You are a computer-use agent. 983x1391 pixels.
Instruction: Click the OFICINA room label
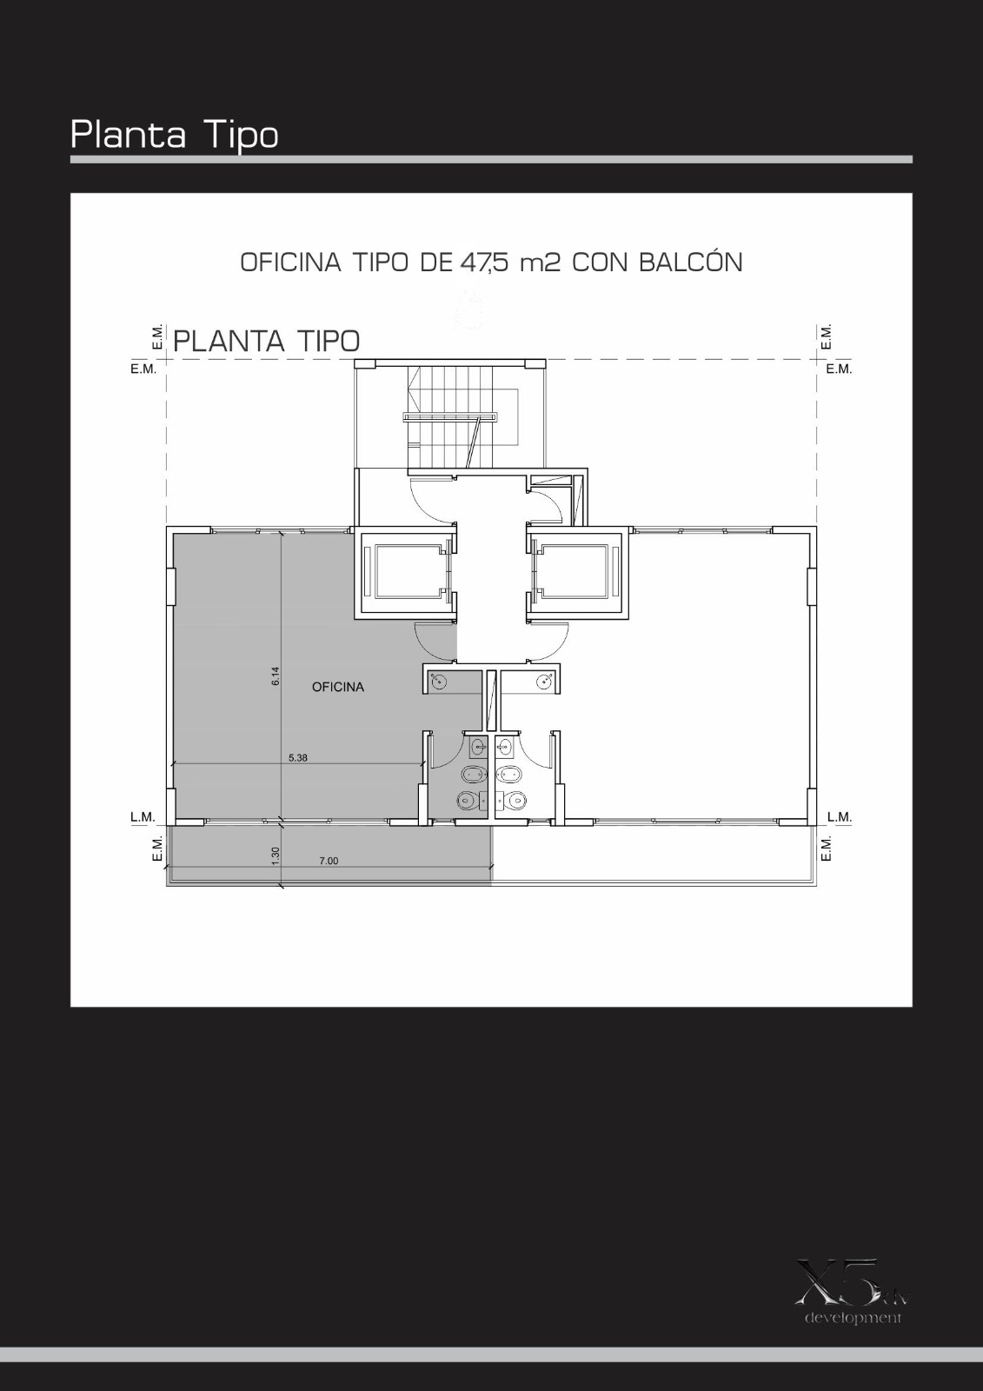338,687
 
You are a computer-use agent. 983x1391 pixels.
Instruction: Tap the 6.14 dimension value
276,676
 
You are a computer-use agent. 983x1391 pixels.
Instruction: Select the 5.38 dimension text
298,757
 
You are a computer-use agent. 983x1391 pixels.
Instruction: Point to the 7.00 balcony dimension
329,861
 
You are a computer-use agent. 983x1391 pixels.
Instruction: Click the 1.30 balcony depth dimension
276,855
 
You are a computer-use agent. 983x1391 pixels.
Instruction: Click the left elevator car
406,571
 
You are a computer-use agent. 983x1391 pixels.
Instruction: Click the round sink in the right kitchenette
545,682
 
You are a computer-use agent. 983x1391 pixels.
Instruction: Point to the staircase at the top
462,416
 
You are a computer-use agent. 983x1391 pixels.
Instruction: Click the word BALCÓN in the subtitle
690,262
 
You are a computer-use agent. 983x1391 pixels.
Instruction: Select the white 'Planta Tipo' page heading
175,135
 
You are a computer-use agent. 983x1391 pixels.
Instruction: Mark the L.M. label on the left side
143,817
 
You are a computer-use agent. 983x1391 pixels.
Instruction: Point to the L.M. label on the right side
839,817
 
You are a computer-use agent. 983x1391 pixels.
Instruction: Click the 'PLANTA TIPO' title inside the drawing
267,341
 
